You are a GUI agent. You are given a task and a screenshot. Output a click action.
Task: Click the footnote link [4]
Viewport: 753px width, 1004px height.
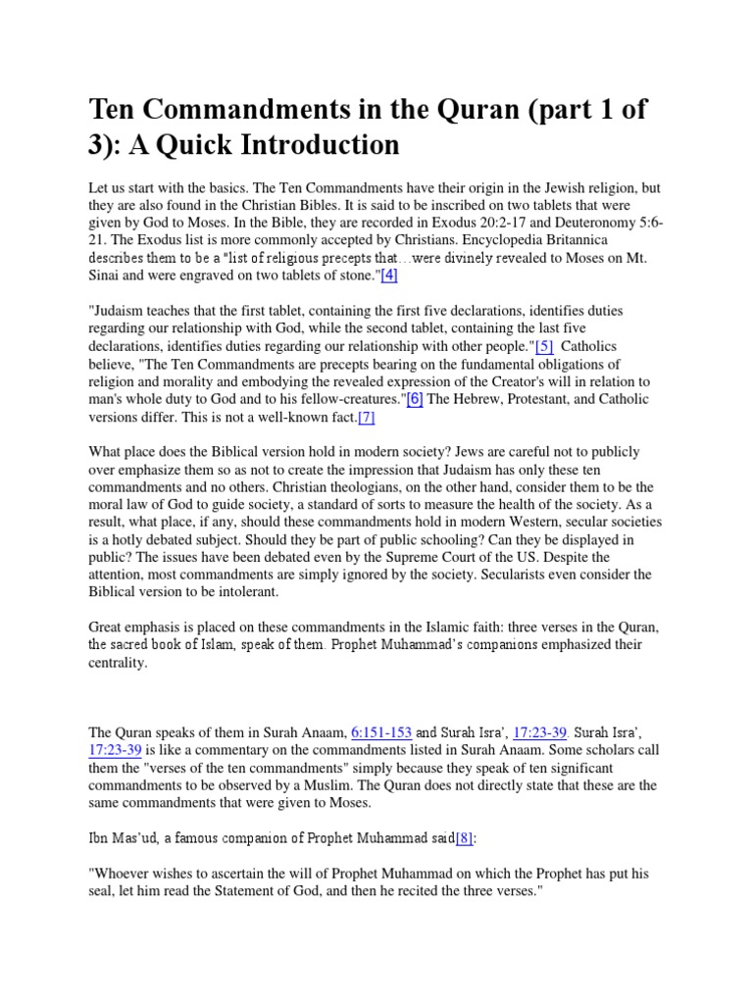tap(388, 276)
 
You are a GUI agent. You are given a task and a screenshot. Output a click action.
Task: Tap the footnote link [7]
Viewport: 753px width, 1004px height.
tap(366, 417)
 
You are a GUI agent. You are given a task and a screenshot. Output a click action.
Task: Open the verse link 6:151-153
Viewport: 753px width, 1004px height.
tap(381, 732)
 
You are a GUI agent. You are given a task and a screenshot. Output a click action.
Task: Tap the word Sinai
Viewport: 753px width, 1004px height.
tap(107, 276)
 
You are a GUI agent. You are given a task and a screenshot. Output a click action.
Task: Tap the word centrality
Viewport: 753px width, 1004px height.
tap(119, 662)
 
